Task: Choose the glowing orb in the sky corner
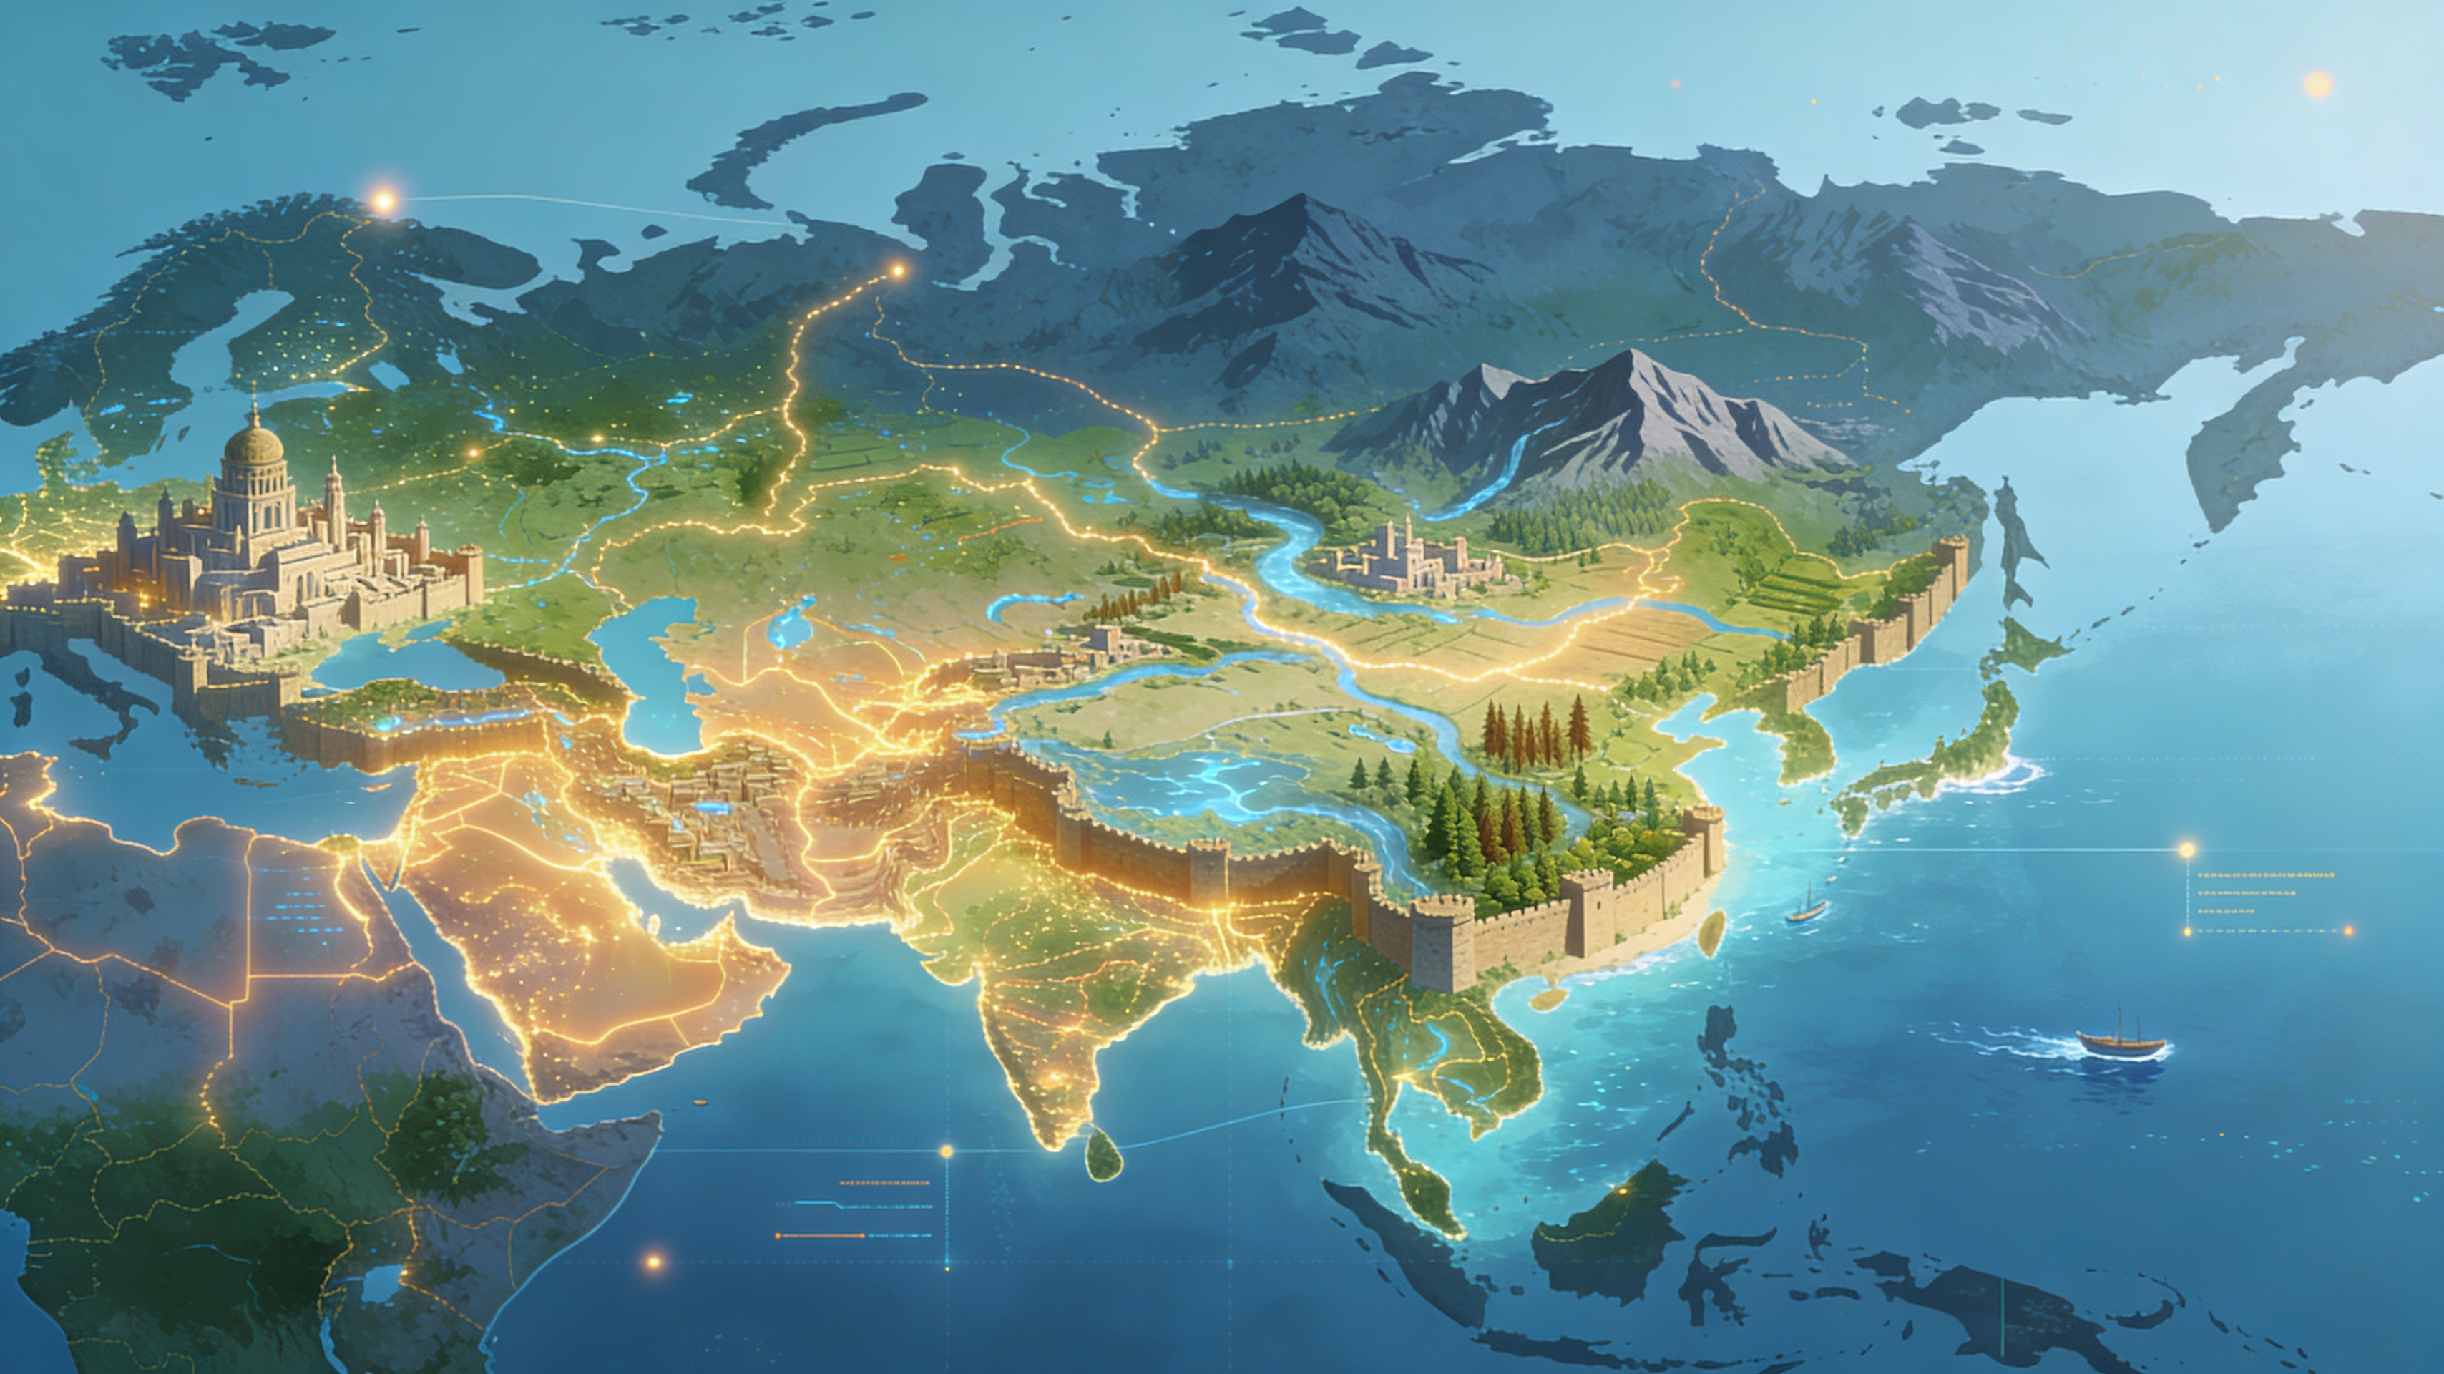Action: (x=2317, y=84)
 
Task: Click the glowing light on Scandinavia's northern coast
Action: (x=383, y=200)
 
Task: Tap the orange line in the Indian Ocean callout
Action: (x=821, y=1235)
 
